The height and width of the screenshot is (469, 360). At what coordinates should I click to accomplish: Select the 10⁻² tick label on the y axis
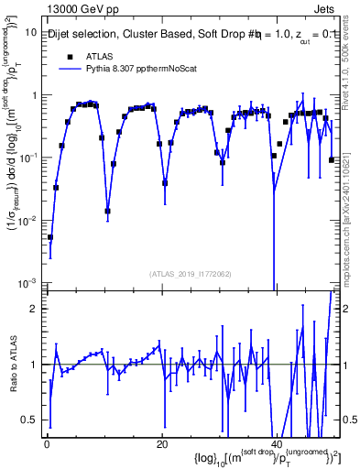pyautogui.click(x=27, y=220)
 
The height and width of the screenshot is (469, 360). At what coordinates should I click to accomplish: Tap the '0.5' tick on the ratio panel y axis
pyautogui.click(x=28, y=420)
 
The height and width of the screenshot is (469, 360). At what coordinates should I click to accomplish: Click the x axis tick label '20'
pyautogui.click(x=162, y=444)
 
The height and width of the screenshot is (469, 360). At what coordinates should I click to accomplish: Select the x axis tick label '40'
pyautogui.click(x=277, y=444)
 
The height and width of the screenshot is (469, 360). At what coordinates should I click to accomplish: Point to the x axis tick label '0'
pyautogui.click(x=47, y=444)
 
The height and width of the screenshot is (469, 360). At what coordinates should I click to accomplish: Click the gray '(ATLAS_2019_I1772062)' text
pyautogui.click(x=191, y=273)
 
